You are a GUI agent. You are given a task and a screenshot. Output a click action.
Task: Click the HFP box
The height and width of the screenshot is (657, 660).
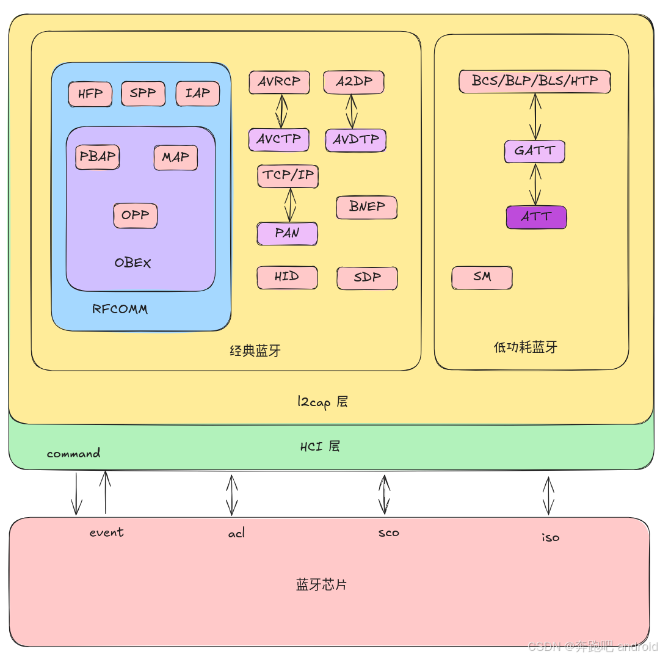[x=90, y=93]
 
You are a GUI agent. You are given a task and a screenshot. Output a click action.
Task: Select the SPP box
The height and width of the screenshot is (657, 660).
[x=143, y=93]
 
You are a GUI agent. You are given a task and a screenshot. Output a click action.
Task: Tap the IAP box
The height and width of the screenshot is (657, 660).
[x=197, y=93]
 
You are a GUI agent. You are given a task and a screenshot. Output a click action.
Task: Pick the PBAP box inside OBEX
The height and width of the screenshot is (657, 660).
[x=98, y=156]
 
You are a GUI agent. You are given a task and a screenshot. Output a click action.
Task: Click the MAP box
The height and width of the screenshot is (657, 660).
[x=175, y=157]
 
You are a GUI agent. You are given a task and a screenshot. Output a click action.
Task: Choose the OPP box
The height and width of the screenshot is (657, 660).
[x=135, y=215]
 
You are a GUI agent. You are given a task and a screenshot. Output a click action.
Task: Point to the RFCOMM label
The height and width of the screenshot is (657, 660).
[x=120, y=309]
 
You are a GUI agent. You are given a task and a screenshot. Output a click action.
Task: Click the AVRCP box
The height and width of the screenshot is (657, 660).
[x=279, y=82]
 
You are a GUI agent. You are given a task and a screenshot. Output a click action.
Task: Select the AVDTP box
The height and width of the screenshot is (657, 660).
[x=355, y=140]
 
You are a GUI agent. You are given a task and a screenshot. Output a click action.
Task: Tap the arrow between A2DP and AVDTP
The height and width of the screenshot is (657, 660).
[x=351, y=111]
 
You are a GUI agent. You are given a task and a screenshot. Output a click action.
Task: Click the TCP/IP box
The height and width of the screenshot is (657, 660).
[x=288, y=176]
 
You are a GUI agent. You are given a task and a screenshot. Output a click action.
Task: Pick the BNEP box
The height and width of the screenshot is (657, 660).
[x=366, y=207]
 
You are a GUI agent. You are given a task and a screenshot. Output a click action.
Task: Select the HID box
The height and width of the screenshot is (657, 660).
[x=287, y=277]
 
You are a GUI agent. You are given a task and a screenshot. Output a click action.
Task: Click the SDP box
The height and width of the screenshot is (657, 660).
[x=367, y=277]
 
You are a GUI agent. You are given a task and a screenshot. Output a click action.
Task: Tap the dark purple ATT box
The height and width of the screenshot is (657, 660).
[x=536, y=217]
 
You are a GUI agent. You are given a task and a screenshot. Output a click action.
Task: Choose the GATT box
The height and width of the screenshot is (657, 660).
[x=534, y=151]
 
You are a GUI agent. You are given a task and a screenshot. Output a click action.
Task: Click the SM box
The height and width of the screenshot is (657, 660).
[x=482, y=277]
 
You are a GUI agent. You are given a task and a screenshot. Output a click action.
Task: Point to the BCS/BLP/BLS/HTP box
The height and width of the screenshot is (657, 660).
[x=534, y=81]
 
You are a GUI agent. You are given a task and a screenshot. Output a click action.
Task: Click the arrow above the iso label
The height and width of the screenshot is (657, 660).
[x=548, y=495]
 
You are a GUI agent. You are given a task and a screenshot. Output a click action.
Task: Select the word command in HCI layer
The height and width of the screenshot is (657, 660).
[x=73, y=454]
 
